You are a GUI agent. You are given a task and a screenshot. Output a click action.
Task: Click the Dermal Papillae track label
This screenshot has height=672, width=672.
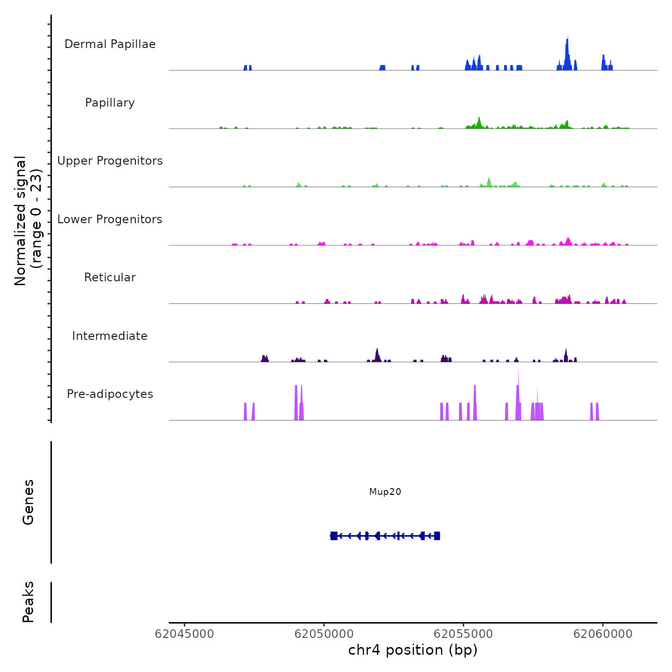point(110,44)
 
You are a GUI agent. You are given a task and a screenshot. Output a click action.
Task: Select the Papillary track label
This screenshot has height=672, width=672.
point(110,103)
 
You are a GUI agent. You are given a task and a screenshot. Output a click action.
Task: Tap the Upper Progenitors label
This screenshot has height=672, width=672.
point(110,161)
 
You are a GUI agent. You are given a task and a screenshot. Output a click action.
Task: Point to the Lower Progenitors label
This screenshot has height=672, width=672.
point(110,219)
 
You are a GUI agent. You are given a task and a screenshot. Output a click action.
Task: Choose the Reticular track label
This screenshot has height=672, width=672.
point(110,277)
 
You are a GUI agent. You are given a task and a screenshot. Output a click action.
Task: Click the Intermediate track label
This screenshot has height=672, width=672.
point(110,336)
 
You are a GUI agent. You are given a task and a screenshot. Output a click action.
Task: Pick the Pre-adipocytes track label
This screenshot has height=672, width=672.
point(110,394)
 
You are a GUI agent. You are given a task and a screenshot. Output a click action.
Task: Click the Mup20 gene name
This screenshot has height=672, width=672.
point(385,492)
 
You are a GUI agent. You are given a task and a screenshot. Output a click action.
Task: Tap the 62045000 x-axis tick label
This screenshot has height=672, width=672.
point(184,634)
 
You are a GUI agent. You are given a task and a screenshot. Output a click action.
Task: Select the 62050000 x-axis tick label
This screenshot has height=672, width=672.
point(324,634)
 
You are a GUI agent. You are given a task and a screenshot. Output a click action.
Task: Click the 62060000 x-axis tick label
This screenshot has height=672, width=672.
point(603,634)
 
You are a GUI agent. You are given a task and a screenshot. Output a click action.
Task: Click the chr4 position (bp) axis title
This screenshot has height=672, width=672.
point(413,650)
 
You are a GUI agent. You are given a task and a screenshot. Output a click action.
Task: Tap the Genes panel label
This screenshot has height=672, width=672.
point(28,502)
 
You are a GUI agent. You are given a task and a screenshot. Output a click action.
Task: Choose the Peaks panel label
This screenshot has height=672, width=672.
point(28,602)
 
